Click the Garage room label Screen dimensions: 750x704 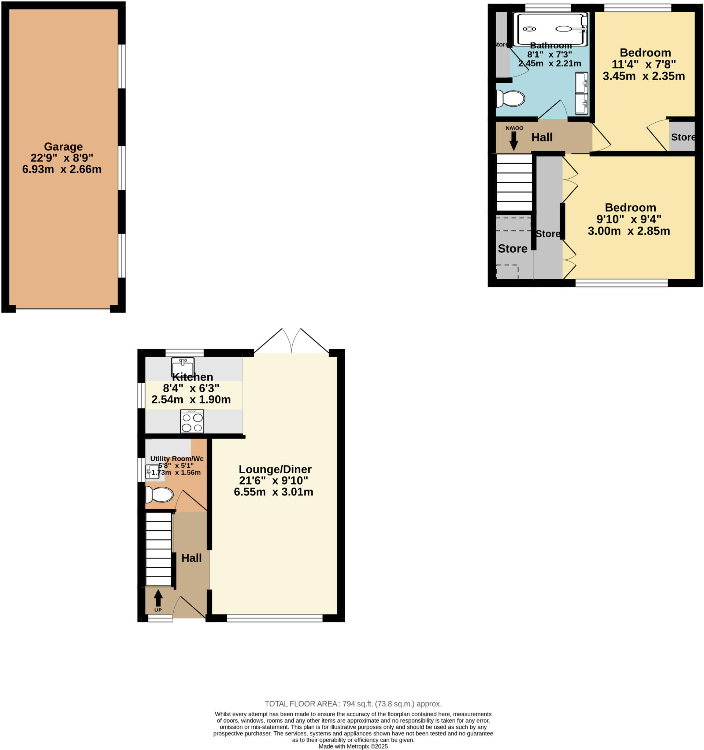click(x=63, y=146)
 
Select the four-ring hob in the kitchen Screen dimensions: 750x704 click(x=192, y=422)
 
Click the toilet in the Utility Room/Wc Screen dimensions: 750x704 click(x=160, y=495)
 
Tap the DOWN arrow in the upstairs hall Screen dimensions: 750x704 click(x=514, y=141)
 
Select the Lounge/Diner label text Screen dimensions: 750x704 click(x=275, y=469)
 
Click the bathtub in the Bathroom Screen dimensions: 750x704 click(x=552, y=29)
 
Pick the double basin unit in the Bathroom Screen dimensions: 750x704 click(x=581, y=93)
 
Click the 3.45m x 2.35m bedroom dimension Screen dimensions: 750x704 click(x=643, y=76)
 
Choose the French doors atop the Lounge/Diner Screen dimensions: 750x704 click(x=291, y=341)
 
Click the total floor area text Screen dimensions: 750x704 click(x=353, y=703)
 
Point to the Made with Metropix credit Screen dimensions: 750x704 click(x=353, y=746)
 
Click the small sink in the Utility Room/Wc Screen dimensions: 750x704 click(x=152, y=472)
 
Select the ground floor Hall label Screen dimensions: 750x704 click(x=191, y=558)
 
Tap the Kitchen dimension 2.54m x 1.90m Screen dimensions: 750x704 click(x=191, y=400)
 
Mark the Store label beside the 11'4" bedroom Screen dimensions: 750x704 click(x=682, y=137)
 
